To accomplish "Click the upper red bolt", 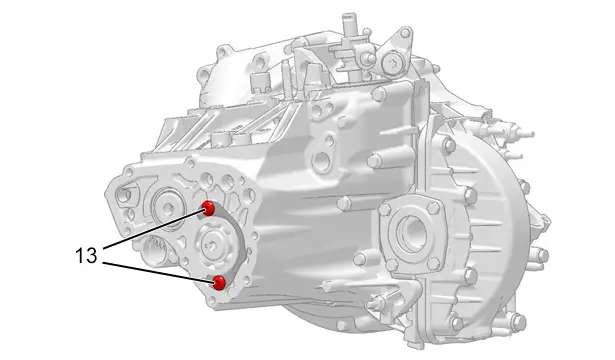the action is (208, 208).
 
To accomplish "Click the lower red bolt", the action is (219, 282).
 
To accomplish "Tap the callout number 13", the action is (86, 256).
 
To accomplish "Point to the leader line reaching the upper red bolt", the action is (153, 229).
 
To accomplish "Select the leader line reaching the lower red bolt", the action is (158, 272).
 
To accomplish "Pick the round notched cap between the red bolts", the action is (215, 245).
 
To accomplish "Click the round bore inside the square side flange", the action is (411, 234).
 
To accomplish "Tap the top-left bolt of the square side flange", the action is (385, 209).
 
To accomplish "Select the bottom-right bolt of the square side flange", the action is (433, 264).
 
